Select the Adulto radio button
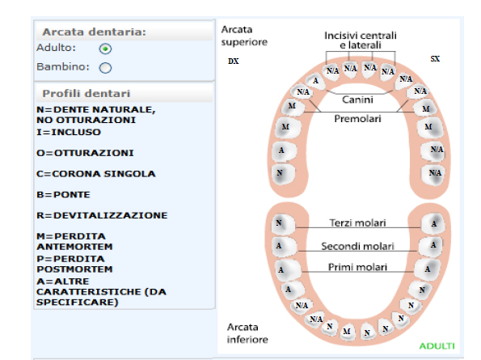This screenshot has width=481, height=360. point(105,49)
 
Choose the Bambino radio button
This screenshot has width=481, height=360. point(105,67)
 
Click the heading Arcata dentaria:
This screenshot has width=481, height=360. point(94,32)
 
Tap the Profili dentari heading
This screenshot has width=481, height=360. point(86,93)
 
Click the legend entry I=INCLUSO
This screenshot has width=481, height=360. point(69,133)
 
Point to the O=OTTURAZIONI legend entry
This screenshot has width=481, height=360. point(85,153)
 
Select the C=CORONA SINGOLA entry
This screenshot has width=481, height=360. point(96,174)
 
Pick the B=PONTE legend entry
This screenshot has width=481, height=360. point(63,195)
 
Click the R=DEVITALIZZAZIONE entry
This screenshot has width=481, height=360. point(102,215)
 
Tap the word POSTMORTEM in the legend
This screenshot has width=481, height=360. point(74,269)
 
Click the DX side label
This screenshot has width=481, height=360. point(234,61)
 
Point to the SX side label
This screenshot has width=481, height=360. point(435,58)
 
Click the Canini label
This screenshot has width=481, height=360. point(357,100)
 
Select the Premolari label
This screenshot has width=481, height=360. point(357,118)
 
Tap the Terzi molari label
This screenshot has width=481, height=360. point(357,222)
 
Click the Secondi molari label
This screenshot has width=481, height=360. point(357,246)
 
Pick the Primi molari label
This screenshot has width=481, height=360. point(357,267)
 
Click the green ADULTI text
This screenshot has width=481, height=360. point(437,346)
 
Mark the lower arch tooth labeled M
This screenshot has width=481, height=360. point(347,332)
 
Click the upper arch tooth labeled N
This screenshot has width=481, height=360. point(280,173)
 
